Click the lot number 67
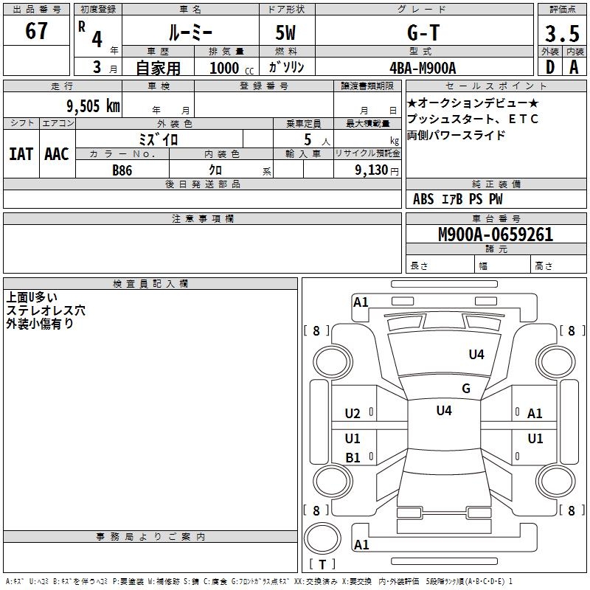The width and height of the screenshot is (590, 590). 36,32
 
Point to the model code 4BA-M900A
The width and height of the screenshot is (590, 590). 423,68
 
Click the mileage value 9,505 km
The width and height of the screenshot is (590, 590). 93,105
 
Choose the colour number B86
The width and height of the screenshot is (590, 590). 122,170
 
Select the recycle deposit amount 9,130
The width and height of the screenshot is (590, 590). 375,170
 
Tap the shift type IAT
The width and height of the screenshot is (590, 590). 21,153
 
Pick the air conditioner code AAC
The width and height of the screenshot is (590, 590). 56,153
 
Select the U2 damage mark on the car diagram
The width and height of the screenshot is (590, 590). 353,414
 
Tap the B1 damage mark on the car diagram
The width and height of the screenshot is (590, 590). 353,458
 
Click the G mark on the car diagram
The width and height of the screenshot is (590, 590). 466,389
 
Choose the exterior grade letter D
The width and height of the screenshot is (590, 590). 549,67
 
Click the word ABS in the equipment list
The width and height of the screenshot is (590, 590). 423,199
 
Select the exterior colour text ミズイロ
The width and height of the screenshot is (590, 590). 159,139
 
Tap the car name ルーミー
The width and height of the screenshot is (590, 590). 190,32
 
